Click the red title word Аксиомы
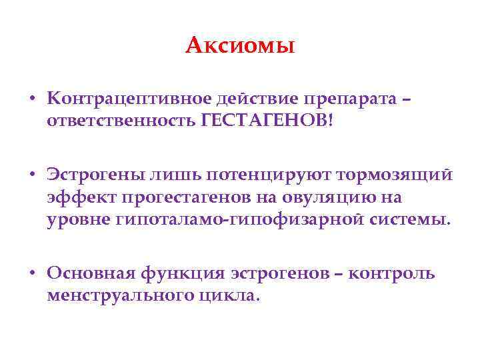(x=240, y=45)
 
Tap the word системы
(x=413, y=219)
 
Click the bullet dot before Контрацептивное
(x=33, y=99)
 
